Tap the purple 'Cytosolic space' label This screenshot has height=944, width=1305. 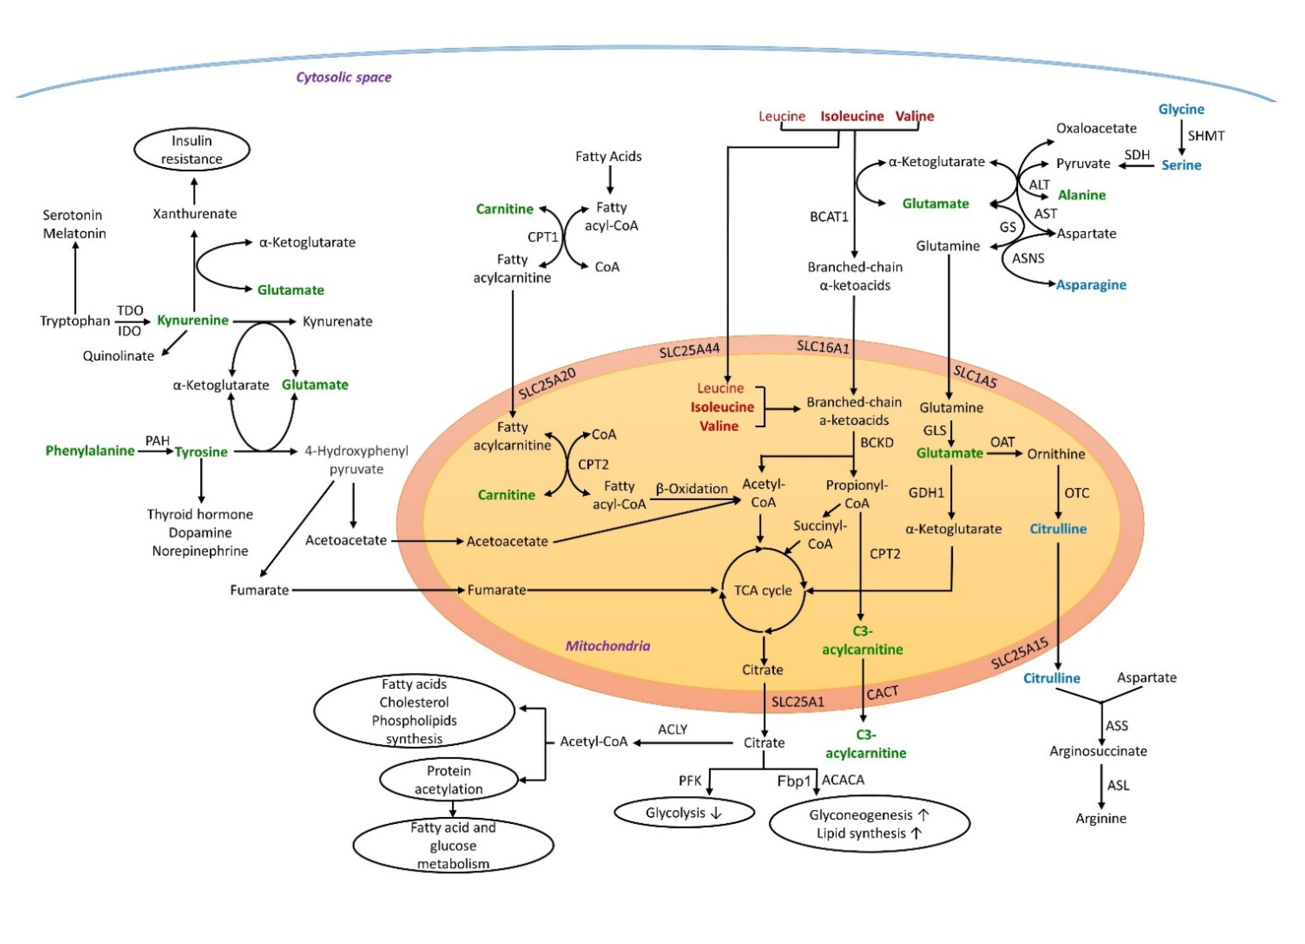[x=343, y=77]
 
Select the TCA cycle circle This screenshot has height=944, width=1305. [x=763, y=590]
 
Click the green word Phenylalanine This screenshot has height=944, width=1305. [x=90, y=451]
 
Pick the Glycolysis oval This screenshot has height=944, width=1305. [x=684, y=813]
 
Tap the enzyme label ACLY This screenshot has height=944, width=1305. [x=673, y=729]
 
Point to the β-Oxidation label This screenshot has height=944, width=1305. [x=692, y=489]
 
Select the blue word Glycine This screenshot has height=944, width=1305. [x=1181, y=110]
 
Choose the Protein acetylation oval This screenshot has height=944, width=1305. [x=449, y=780]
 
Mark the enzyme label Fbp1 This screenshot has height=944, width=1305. [x=794, y=781]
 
